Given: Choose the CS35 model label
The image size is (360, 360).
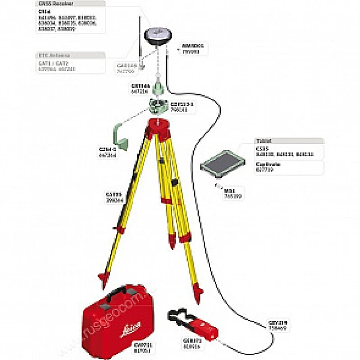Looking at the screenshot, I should tap(260, 148).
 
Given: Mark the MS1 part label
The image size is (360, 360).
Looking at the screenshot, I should tap(229, 191).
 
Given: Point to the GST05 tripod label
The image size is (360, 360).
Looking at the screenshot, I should tap(113, 194).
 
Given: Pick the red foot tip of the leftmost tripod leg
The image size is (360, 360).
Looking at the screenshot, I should tap(103, 277).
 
